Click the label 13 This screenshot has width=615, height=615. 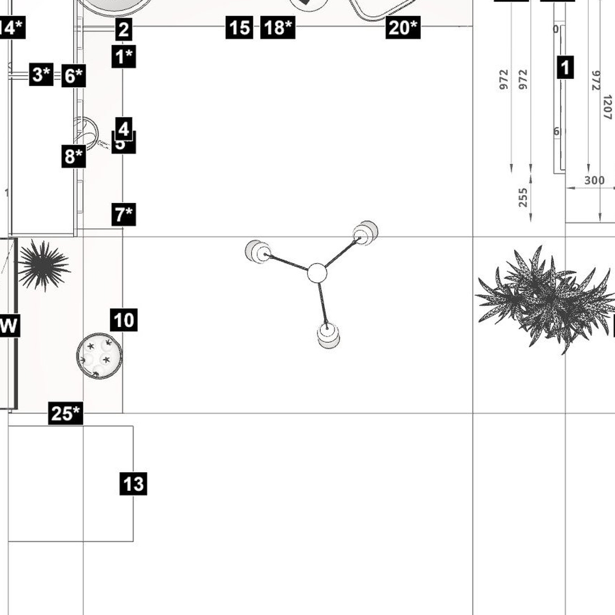133,484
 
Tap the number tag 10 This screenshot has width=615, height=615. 124,320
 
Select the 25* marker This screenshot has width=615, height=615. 65,413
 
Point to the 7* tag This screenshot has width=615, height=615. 124,215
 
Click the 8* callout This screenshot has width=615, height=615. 74,156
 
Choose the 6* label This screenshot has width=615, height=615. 74,75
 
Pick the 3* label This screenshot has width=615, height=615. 41,74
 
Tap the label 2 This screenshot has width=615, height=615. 124,29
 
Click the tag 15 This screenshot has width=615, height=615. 239,27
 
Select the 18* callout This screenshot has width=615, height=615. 278,27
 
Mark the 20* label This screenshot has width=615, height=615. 403,27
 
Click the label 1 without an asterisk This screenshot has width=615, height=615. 565,67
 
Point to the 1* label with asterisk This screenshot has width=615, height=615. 124,57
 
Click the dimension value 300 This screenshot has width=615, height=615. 594,181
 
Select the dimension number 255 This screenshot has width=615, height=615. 523,198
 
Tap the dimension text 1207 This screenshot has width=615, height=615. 607,107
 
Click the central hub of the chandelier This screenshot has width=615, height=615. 317,273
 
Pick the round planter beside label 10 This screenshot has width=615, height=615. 99,356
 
